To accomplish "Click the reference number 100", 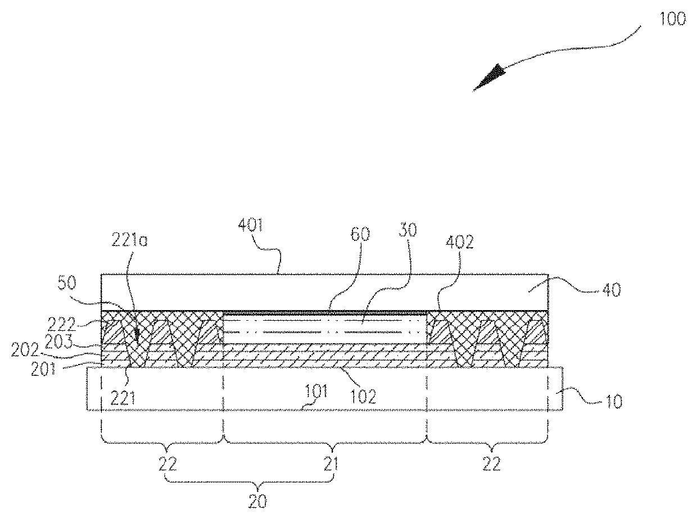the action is (672, 19).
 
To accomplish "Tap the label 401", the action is (251, 225).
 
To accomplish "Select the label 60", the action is (360, 234).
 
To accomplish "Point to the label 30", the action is (408, 230).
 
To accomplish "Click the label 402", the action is (459, 242).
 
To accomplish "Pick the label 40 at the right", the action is (612, 290).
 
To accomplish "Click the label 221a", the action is (129, 240).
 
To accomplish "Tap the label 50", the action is (67, 283).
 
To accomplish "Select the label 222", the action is (62, 324).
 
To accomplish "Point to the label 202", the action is (25, 350).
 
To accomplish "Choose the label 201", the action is (43, 369).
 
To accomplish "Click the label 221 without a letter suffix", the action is (123, 398).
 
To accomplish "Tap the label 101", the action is (316, 391).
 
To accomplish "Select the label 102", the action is (363, 397).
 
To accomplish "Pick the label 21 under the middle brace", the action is (331, 464).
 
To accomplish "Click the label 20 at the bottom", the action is (257, 501).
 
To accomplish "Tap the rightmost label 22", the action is (492, 464).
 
